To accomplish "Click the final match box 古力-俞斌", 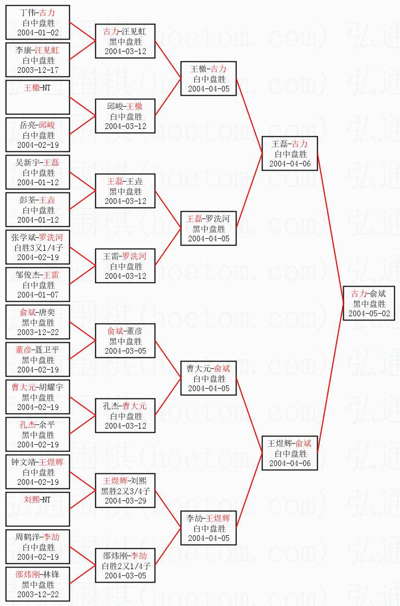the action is click(369, 303).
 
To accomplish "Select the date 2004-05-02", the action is click(369, 314).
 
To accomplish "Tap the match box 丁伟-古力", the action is click(38, 22).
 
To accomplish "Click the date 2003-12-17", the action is click(38, 70).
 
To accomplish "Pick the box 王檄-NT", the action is click(38, 97).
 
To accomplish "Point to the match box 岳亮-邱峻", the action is click(38, 135).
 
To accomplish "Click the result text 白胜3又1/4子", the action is click(38, 247).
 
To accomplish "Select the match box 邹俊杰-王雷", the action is click(38, 285).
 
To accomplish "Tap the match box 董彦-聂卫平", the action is click(38, 359).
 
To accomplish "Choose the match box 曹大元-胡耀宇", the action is click(38, 397).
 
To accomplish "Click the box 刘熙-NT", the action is click(38, 509).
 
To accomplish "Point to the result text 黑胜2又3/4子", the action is click(126, 491).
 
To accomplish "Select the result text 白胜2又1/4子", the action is click(126, 565).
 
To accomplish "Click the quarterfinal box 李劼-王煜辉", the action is click(209, 528).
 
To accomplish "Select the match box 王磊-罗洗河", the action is click(209, 228).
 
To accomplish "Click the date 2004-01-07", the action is click(38, 295).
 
